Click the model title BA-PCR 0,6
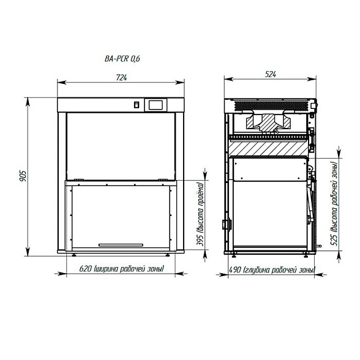point(122,59)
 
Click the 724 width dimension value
point(121,78)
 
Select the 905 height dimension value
point(23,176)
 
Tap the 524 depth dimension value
point(270,75)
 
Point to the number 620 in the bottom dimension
point(86,269)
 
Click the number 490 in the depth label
point(235,270)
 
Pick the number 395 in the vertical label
point(201,240)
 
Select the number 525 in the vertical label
point(335,240)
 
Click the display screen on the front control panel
point(156,105)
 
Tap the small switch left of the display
point(137,105)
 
